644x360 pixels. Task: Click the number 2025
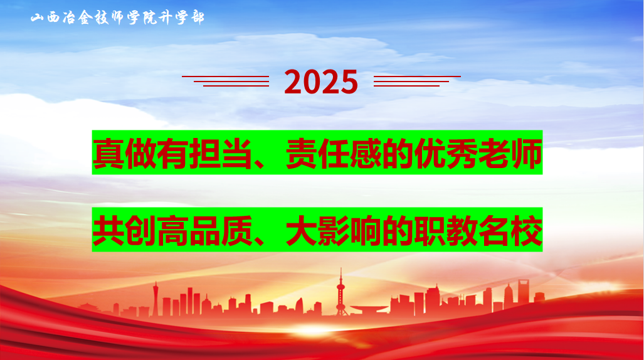321,82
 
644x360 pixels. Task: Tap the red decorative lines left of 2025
226,80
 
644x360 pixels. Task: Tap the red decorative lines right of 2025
416,80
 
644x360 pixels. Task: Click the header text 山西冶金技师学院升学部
117,18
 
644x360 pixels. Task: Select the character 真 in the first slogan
108,154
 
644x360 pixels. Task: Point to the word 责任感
332,154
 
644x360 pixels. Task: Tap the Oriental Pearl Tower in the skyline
340,292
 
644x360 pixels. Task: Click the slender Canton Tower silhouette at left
156,298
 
